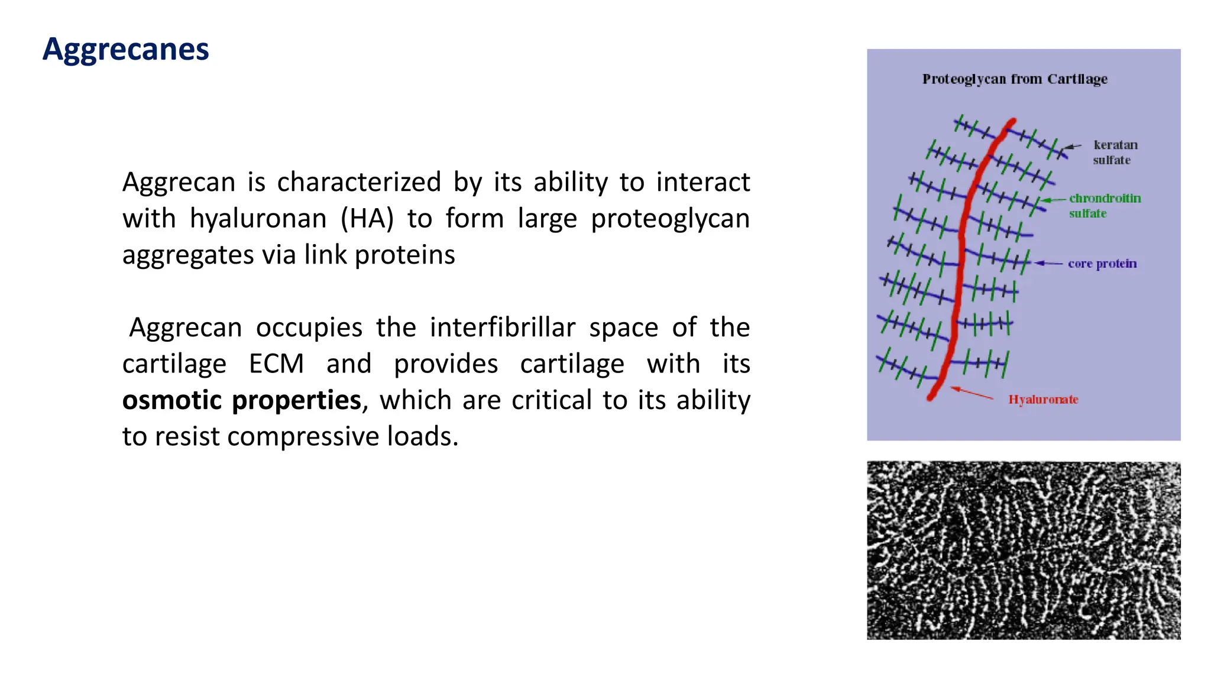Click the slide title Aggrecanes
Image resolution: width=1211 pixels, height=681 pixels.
click(125, 49)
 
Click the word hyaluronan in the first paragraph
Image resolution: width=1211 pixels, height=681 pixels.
click(258, 219)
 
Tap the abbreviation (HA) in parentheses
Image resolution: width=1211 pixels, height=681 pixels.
click(367, 219)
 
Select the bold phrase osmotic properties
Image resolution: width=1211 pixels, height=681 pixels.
click(241, 400)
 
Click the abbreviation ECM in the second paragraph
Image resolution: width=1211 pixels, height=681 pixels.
click(276, 364)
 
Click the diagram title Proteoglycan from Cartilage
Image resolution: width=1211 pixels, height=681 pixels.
click(1015, 79)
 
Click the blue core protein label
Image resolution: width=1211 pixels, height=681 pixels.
click(1102, 264)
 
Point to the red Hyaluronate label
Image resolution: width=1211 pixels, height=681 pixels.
click(1043, 400)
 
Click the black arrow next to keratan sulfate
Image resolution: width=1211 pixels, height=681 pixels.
click(1073, 147)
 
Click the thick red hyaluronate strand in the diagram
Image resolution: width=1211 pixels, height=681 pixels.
click(961, 248)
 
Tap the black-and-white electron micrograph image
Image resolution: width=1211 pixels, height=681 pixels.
click(1024, 550)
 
